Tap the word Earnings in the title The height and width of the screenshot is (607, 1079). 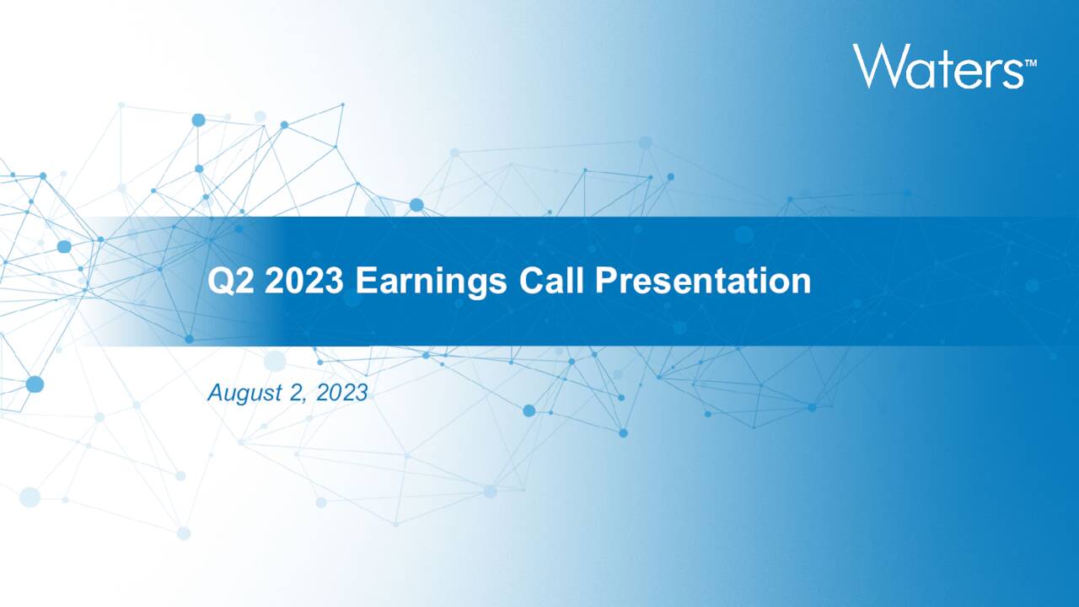[x=431, y=281]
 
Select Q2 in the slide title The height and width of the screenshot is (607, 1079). [x=228, y=281]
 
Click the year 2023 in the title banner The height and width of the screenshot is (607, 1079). [x=303, y=281]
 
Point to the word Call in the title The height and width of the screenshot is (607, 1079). [x=552, y=281]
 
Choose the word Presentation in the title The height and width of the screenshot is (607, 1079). [x=703, y=281]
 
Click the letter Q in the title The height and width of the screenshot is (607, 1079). [x=221, y=281]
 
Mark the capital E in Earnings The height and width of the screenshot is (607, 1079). [x=364, y=281]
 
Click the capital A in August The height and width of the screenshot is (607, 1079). [x=215, y=392]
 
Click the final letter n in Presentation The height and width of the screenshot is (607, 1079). [x=801, y=284]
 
